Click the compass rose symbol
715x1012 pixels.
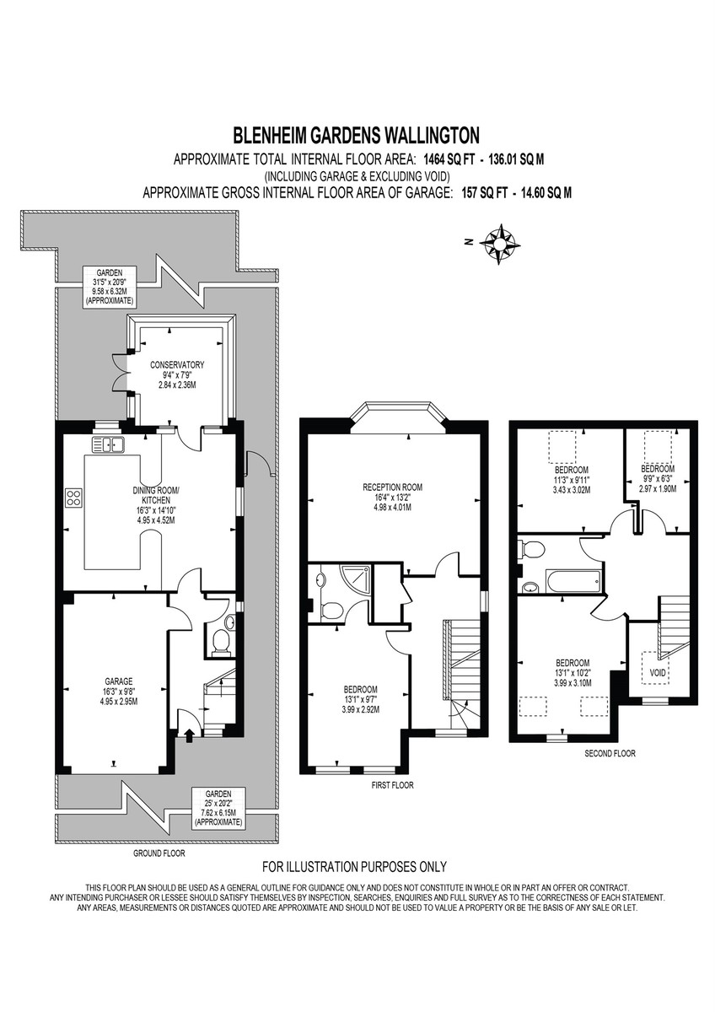pos(499,244)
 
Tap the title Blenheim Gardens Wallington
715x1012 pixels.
pos(356,135)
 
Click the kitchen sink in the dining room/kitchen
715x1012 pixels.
pos(108,445)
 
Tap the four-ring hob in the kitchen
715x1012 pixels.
pos(73,498)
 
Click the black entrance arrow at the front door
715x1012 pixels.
pos(190,735)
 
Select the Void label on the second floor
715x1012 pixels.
pos(658,673)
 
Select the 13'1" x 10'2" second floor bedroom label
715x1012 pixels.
pos(573,672)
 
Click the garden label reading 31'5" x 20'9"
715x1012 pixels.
pos(110,287)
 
